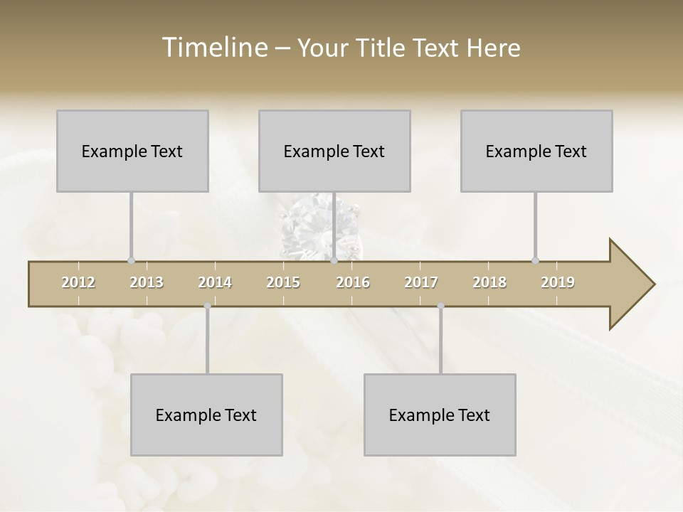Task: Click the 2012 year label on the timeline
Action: [x=78, y=282]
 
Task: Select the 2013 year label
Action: [x=147, y=282]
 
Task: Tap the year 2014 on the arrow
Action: [x=215, y=282]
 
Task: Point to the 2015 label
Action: [x=283, y=282]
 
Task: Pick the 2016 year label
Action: [x=353, y=282]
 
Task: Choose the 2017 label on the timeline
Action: [x=421, y=282]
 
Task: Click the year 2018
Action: [x=489, y=282]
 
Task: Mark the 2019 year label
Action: [x=558, y=282]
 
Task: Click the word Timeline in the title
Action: [x=213, y=48]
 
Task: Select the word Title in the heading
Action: [x=383, y=48]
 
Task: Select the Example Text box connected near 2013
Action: [x=132, y=151]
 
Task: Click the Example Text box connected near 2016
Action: [x=334, y=151]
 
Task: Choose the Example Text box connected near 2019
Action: [x=536, y=151]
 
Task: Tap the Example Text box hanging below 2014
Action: [x=206, y=415]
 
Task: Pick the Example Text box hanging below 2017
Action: [x=440, y=415]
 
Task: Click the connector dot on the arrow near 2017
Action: [x=440, y=306]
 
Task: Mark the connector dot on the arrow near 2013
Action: [x=131, y=260]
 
